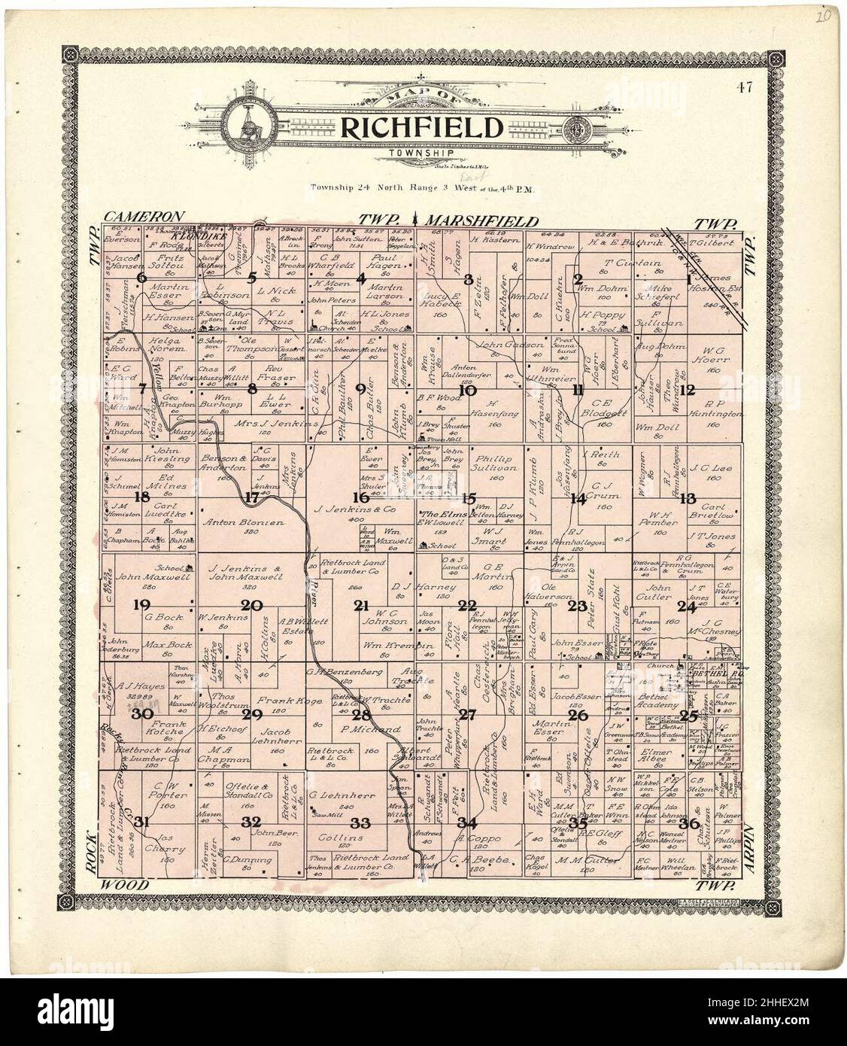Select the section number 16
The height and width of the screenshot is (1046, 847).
pyautogui.click(x=362, y=497)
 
